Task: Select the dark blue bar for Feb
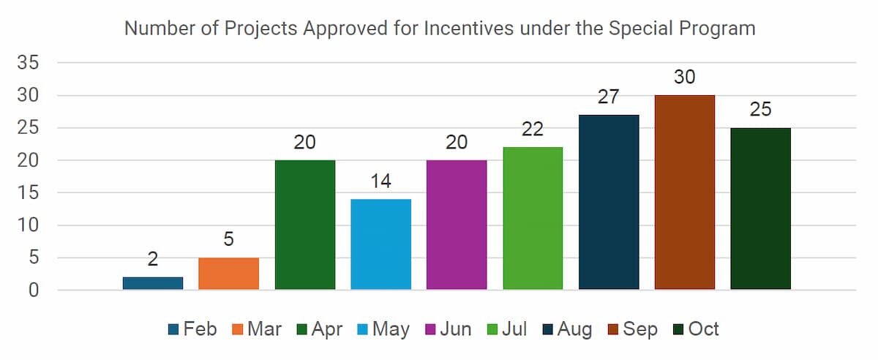[x=153, y=283]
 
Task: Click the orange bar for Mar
[x=228, y=274]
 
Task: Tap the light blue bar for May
[x=380, y=244]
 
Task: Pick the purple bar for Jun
[x=457, y=225]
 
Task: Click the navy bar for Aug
[x=609, y=202]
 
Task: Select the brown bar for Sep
[x=684, y=192]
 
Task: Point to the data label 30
[x=684, y=77]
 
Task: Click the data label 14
[x=380, y=181]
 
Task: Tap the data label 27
[x=609, y=97]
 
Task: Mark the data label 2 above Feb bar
[x=153, y=259]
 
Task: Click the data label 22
[x=533, y=129]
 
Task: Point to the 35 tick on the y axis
[x=29, y=63]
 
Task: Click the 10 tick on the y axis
[x=29, y=225]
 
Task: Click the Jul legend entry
[x=506, y=329]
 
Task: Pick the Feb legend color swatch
[x=173, y=330]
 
